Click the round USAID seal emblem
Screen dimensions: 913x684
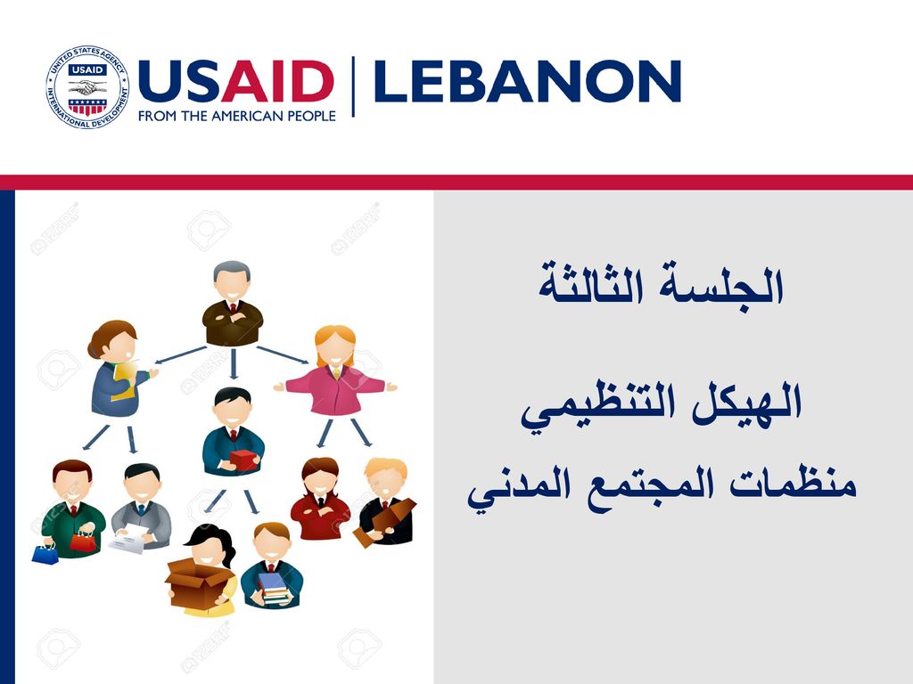[87, 87]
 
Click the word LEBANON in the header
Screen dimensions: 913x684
[528, 81]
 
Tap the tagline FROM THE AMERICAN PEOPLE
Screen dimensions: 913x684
[237, 116]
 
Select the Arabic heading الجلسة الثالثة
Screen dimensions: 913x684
[661, 284]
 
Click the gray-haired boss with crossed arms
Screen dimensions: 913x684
[233, 304]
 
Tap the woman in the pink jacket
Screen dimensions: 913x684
[335, 371]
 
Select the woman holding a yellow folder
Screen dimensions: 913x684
[119, 369]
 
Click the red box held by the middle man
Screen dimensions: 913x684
[244, 460]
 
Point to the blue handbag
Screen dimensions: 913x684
[45, 553]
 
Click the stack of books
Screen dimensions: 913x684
[273, 588]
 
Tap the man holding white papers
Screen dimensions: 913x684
[140, 507]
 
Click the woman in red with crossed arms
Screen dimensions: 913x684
[320, 499]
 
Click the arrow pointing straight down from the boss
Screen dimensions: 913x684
[234, 364]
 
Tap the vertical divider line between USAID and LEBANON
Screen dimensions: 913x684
[353, 86]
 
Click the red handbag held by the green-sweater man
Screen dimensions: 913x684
[82, 541]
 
